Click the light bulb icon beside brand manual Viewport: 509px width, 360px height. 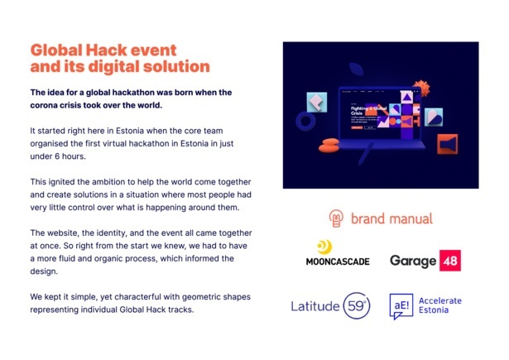[337, 218]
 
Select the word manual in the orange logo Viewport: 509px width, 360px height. [410, 219]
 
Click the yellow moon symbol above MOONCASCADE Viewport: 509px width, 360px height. [326, 247]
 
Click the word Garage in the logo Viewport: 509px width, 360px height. [413, 262]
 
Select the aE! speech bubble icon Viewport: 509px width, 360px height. [402, 306]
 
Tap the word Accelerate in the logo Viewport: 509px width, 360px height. [440, 300]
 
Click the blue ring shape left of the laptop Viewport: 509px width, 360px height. [305, 122]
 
